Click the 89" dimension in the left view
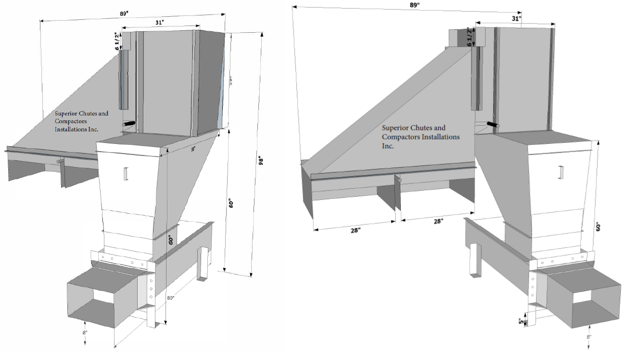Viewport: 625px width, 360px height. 124,13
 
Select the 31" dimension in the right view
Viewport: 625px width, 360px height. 516,18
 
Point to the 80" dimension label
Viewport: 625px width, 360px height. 170,297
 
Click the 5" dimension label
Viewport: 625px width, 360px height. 520,321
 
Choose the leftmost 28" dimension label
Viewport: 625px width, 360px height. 355,231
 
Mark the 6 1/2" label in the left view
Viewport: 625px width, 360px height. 117,41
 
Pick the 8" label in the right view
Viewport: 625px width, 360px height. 588,337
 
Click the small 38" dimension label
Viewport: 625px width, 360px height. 193,150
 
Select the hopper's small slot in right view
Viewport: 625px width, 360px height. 561,172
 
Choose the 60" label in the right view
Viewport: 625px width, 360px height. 599,227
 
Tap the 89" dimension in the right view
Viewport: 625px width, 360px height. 415,5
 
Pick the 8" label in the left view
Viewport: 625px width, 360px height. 85,332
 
